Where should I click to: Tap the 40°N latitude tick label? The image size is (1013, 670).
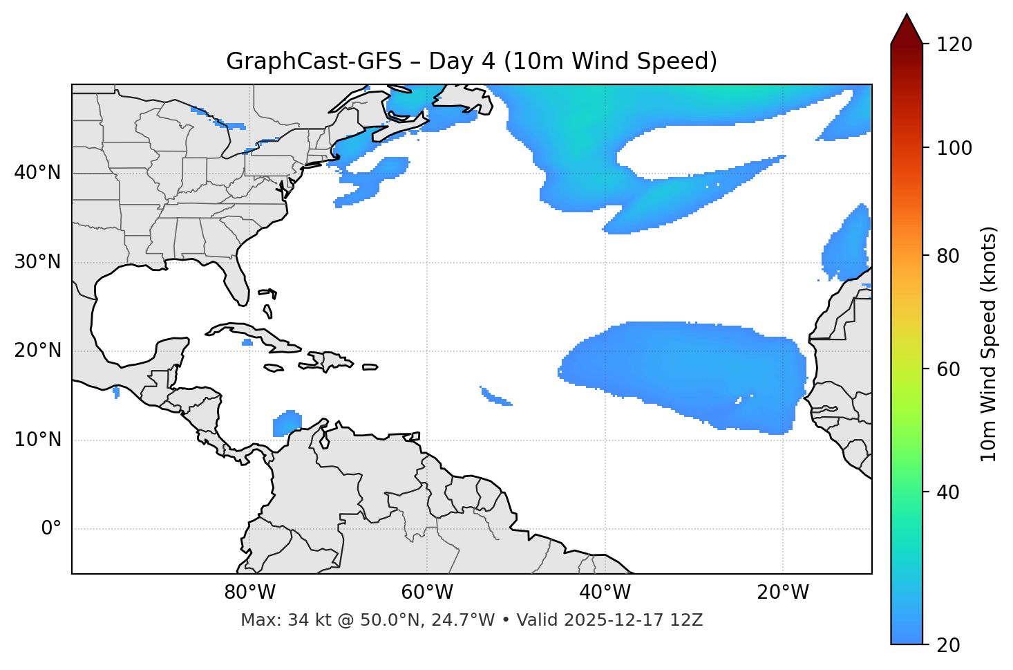pyautogui.click(x=37, y=173)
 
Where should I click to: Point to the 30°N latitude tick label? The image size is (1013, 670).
pyautogui.click(x=37, y=262)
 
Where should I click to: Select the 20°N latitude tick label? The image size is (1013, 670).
pyautogui.click(x=37, y=351)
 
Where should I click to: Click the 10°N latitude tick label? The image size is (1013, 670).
pyautogui.click(x=37, y=440)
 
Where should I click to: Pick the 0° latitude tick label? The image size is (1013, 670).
pyautogui.click(x=50, y=529)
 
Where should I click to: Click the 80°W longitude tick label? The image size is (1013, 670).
pyautogui.click(x=249, y=593)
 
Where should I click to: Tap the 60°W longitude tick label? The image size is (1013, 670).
pyautogui.click(x=427, y=593)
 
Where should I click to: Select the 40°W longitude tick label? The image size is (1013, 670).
pyautogui.click(x=605, y=593)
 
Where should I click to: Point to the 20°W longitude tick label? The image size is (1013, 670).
pyautogui.click(x=783, y=593)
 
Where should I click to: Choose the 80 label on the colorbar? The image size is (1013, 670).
pyautogui.click(x=952, y=256)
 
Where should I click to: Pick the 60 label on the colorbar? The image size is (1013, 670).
pyautogui.click(x=952, y=369)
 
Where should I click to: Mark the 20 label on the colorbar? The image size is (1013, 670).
pyautogui.click(x=952, y=645)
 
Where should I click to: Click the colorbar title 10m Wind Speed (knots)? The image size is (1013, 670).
pyautogui.click(x=989, y=344)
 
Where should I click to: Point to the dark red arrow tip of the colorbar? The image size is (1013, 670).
pyautogui.click(x=907, y=26)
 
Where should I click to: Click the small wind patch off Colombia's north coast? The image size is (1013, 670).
pyautogui.click(x=287, y=423)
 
